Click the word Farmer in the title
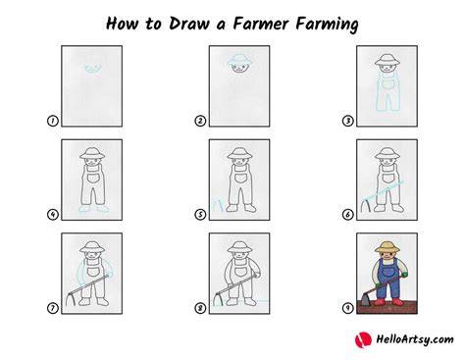261,24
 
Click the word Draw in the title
189,24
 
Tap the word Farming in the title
327,25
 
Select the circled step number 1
53,121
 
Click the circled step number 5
200,215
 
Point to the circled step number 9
347,308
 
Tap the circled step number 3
347,121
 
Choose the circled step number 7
53,308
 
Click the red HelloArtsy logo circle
363,339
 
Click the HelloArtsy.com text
415,339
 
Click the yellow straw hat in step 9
387,247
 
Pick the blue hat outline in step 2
239,60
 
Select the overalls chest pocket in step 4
93,179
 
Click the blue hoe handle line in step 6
384,190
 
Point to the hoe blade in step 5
218,205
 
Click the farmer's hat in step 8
239,247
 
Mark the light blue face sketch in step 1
93,69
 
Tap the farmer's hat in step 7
92,247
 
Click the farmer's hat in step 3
387,60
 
